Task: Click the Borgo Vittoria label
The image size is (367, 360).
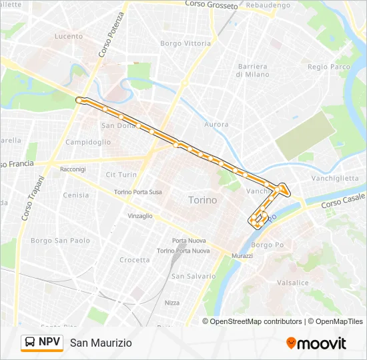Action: click(x=185, y=43)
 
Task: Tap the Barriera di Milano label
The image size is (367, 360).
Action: click(x=252, y=71)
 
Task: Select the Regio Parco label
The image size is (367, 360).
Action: click(x=329, y=67)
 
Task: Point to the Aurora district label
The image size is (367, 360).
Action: click(x=216, y=125)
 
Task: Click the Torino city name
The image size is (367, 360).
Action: click(x=202, y=200)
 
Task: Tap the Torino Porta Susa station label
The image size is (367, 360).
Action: click(x=138, y=192)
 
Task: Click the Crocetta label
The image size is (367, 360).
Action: click(x=135, y=260)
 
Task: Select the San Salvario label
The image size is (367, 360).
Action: click(x=194, y=276)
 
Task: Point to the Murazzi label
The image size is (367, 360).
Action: click(x=242, y=256)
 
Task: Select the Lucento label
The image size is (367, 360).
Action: click(x=69, y=36)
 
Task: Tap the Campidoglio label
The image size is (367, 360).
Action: click(x=88, y=142)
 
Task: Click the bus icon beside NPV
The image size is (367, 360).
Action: click(x=30, y=343)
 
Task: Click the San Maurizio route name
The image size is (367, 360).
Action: click(x=101, y=343)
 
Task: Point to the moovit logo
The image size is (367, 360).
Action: click(x=316, y=343)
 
